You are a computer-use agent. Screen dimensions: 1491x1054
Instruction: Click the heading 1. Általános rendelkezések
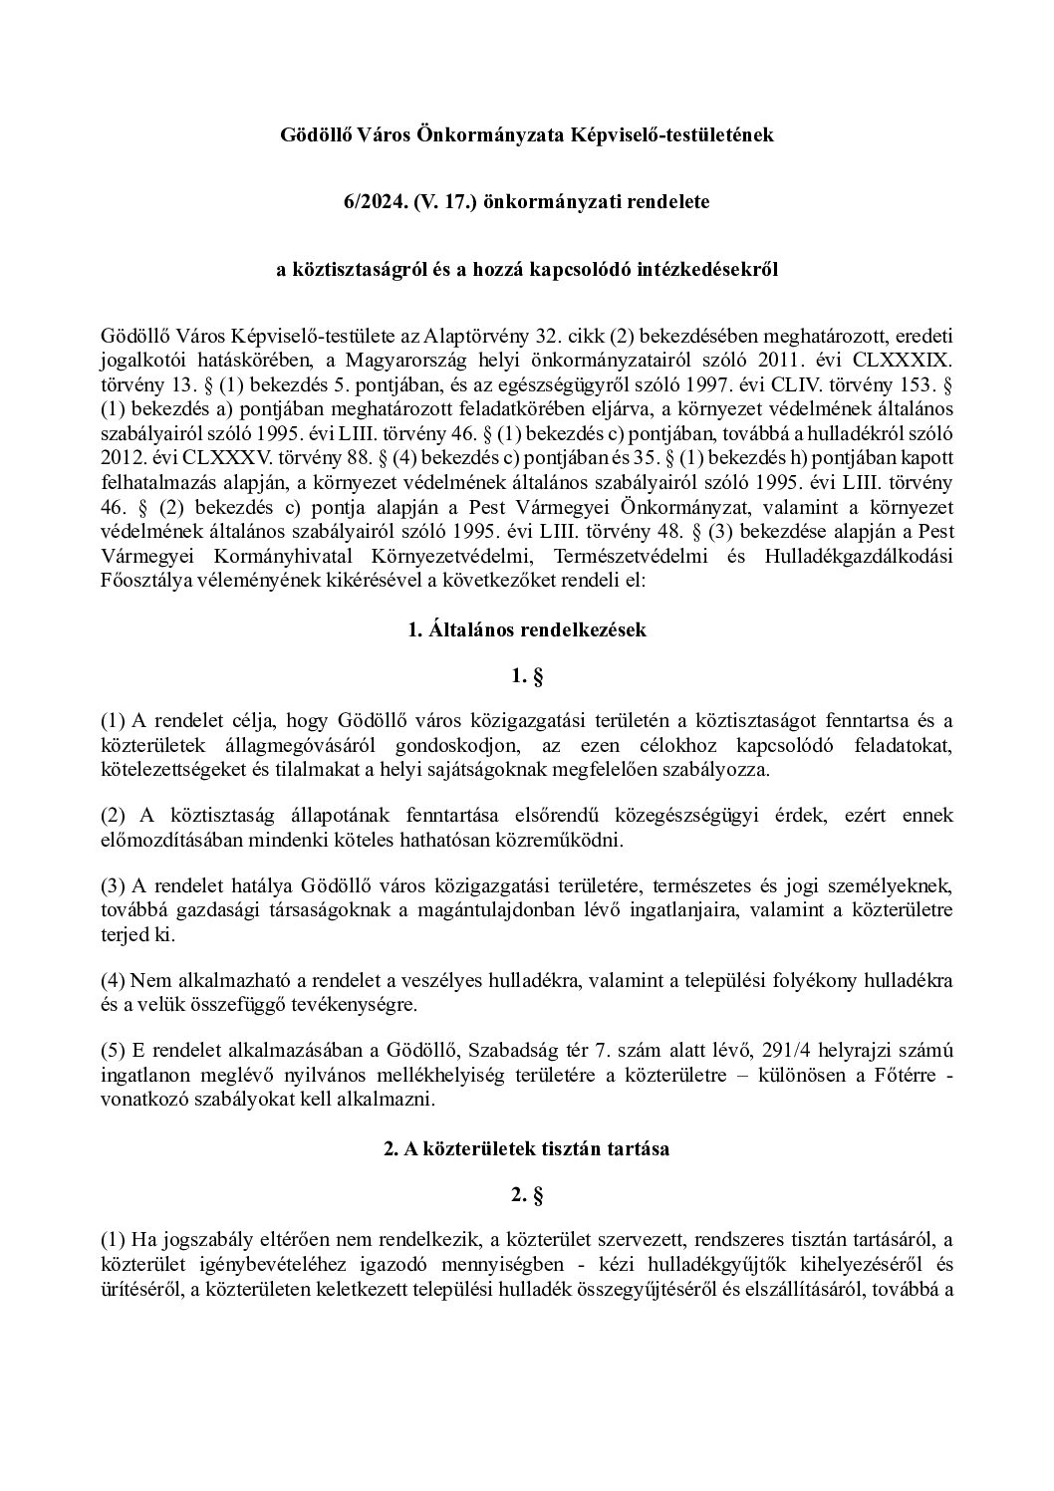pyautogui.click(x=527, y=629)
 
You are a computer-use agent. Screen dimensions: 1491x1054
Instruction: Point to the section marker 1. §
pyautogui.click(x=527, y=677)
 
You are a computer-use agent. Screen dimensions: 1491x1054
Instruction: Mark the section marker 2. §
pyautogui.click(x=527, y=1195)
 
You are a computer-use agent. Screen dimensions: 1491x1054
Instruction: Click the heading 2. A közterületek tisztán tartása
pyautogui.click(x=527, y=1147)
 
